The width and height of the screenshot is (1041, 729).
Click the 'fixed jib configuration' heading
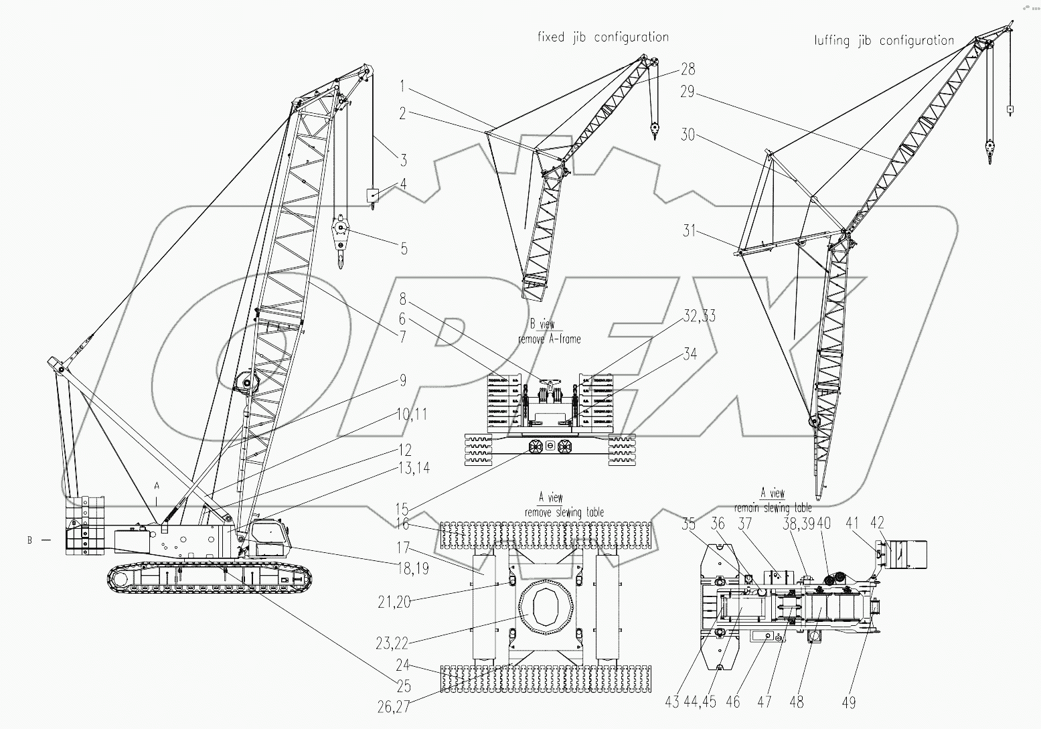[x=603, y=37]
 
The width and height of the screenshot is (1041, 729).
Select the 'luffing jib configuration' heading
[x=884, y=40]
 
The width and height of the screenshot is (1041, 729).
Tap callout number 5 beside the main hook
[x=404, y=249]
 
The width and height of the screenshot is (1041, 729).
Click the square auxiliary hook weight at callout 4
[x=372, y=195]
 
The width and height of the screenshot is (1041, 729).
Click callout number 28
[x=688, y=69]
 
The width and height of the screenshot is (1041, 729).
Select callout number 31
[x=690, y=232]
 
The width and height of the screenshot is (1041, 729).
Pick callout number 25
[x=403, y=686]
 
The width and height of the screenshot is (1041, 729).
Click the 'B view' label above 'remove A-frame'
[x=542, y=325]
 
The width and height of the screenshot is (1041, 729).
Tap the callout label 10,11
[x=411, y=415]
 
